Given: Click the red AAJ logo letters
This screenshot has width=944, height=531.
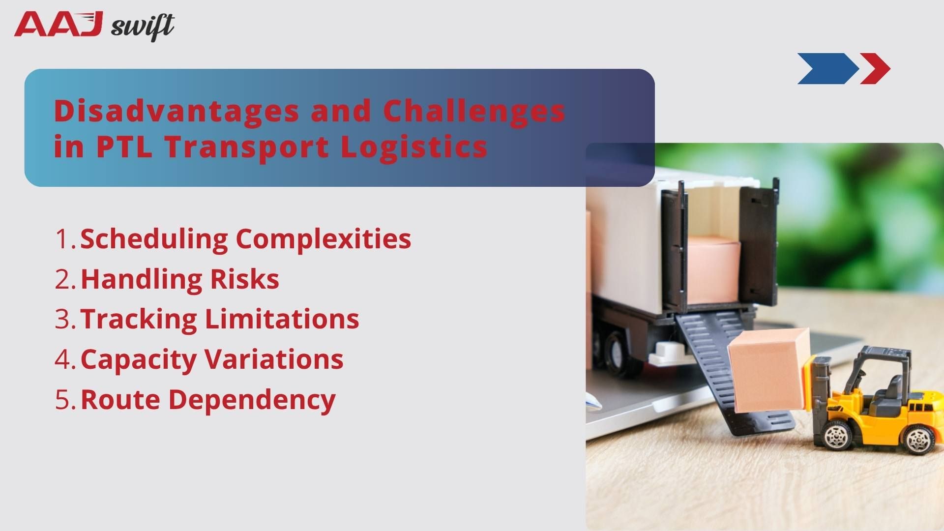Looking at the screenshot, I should click(58, 25).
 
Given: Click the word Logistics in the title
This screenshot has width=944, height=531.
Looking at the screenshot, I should click(414, 147).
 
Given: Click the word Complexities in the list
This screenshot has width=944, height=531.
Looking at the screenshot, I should click(323, 239).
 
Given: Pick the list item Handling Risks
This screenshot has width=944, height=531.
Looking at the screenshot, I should click(179, 279).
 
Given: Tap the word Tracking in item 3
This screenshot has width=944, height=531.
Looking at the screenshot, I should click(138, 319).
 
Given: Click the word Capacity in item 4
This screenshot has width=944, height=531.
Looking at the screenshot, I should click(138, 359).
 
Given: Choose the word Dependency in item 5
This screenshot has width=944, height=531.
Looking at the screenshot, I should click(252, 399).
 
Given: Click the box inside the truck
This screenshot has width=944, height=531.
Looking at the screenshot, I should click(713, 270).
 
